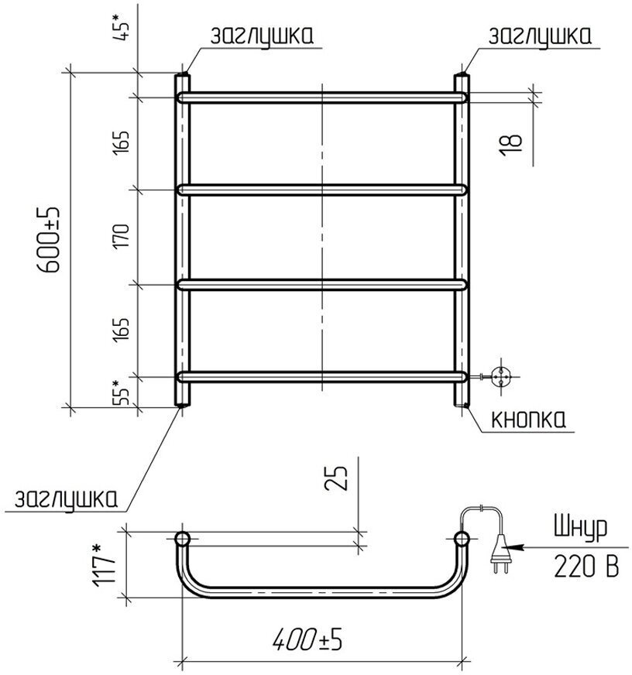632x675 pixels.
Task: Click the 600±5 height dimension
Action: [48, 239]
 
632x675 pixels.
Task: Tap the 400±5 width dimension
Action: [307, 639]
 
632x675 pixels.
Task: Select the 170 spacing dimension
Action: [121, 235]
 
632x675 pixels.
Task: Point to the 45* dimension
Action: [121, 26]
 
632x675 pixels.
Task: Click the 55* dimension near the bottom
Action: [121, 392]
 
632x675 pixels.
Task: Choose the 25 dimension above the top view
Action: [335, 478]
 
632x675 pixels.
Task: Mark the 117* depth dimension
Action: [104, 565]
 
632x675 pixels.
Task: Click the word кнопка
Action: [528, 419]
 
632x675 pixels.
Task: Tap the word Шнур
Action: [580, 527]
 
